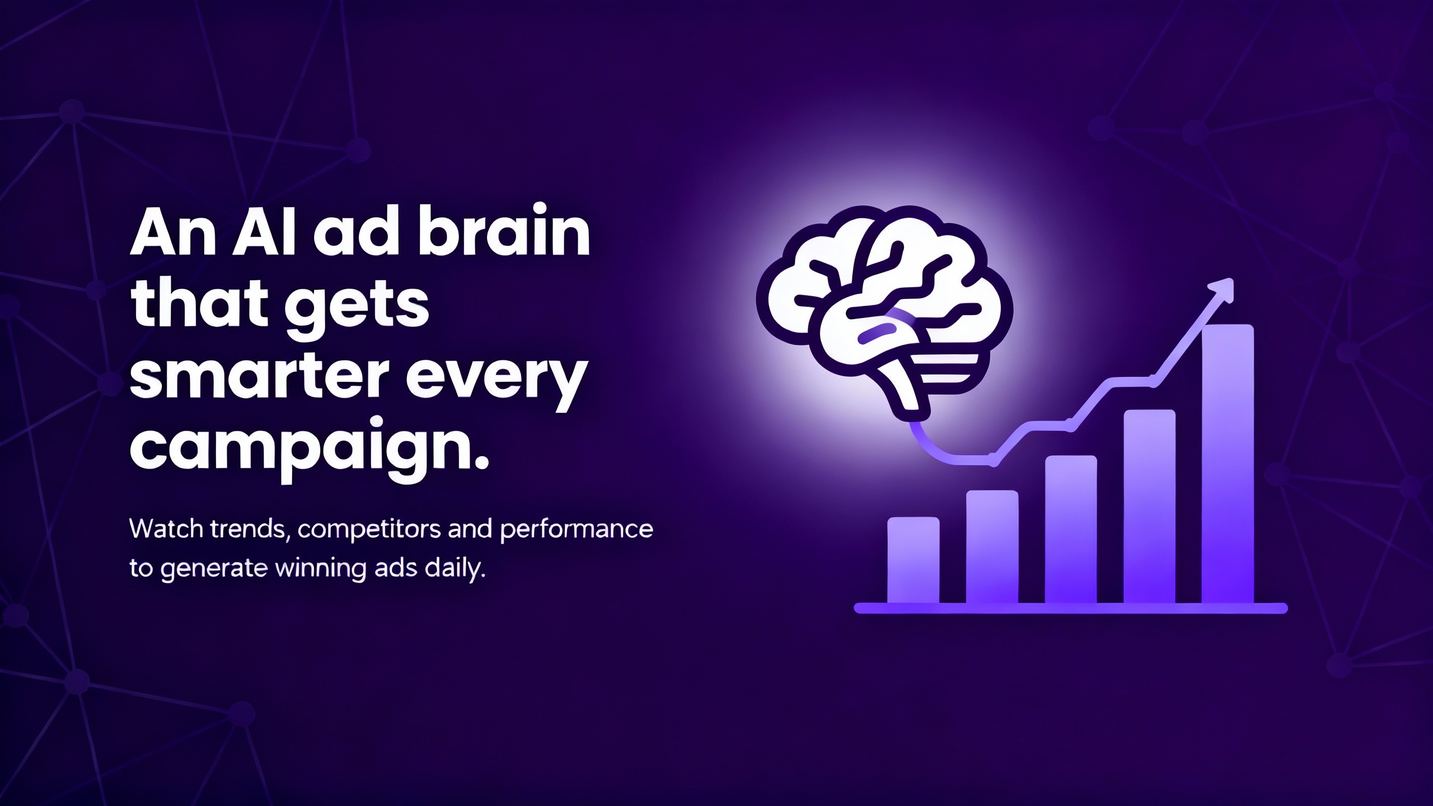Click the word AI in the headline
[x=265, y=232]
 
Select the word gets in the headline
[x=357, y=308]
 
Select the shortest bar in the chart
[x=914, y=560]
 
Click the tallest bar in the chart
[x=1228, y=464]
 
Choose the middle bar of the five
[x=1071, y=529]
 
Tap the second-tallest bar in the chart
[x=1149, y=507]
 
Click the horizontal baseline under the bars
[x=1071, y=608]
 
